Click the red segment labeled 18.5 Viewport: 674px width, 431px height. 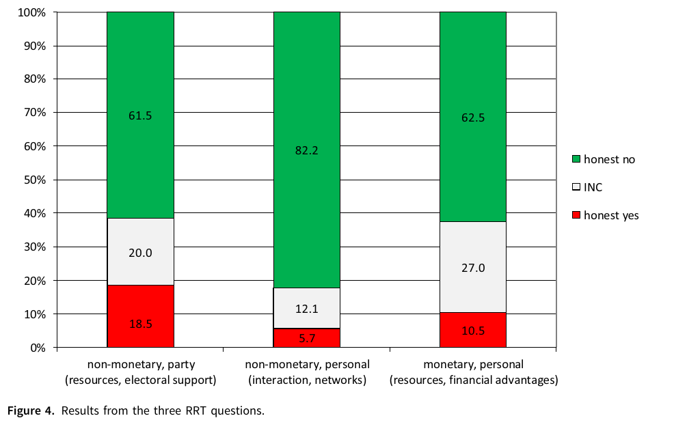point(140,316)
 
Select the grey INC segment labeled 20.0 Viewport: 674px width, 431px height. point(140,251)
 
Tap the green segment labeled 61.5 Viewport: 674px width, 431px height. point(140,115)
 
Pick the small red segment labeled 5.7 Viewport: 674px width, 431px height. point(306,337)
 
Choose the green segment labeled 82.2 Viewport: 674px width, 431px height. point(306,150)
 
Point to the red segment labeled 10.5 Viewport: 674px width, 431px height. point(472,330)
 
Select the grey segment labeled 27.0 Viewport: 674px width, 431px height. point(472,267)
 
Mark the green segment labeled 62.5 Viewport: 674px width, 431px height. point(472,116)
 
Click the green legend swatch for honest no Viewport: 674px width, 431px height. point(576,159)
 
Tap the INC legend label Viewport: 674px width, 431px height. point(593,187)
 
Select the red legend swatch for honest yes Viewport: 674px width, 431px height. point(576,215)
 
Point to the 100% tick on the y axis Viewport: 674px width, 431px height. point(32,12)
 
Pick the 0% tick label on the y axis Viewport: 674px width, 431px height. point(38,348)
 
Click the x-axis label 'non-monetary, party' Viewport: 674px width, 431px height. point(140,365)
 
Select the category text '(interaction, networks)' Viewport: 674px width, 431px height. point(306,380)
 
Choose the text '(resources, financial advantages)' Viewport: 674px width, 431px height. point(473,380)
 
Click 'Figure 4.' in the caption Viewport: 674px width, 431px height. point(29,411)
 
